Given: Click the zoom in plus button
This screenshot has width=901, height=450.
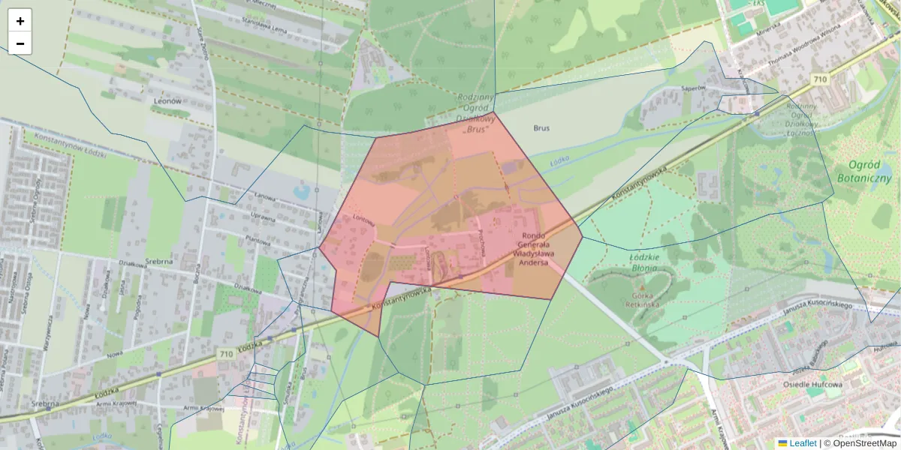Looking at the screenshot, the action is (20, 21).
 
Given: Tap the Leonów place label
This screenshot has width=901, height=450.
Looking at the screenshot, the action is (167, 100).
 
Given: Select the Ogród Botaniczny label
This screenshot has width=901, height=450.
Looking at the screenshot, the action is (864, 172).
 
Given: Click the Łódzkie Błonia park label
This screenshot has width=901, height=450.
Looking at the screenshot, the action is (643, 262).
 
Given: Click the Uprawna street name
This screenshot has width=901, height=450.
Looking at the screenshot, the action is (262, 216).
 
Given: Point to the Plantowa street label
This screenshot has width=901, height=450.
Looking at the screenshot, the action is (257, 241).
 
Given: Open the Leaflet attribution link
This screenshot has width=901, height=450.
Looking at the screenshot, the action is (803, 443).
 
